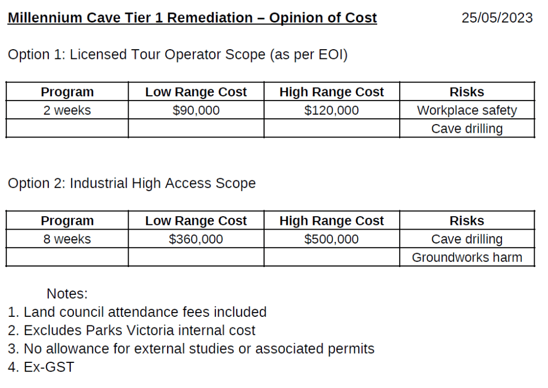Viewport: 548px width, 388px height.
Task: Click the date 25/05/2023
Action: coord(497,18)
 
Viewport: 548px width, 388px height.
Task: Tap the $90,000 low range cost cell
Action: coord(196,111)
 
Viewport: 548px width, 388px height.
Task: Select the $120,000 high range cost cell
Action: coord(332,111)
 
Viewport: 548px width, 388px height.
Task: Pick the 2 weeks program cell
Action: coord(67,111)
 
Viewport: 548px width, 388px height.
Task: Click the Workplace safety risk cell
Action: coord(467,111)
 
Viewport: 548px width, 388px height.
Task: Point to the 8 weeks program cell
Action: coord(67,239)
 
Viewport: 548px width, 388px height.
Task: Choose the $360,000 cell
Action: coord(196,239)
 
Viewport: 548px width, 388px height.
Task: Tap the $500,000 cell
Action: coord(332,239)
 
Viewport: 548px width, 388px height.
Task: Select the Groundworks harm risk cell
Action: coord(467,257)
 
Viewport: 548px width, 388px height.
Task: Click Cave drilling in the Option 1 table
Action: coord(467,129)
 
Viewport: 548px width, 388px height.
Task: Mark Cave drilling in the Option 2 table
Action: coord(467,239)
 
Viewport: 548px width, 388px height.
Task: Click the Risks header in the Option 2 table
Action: coord(467,221)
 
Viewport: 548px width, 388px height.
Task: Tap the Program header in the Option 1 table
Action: coord(67,92)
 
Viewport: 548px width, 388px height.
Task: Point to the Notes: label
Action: coord(67,294)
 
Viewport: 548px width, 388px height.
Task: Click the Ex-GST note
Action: coord(48,368)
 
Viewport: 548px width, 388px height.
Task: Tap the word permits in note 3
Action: coord(352,349)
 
